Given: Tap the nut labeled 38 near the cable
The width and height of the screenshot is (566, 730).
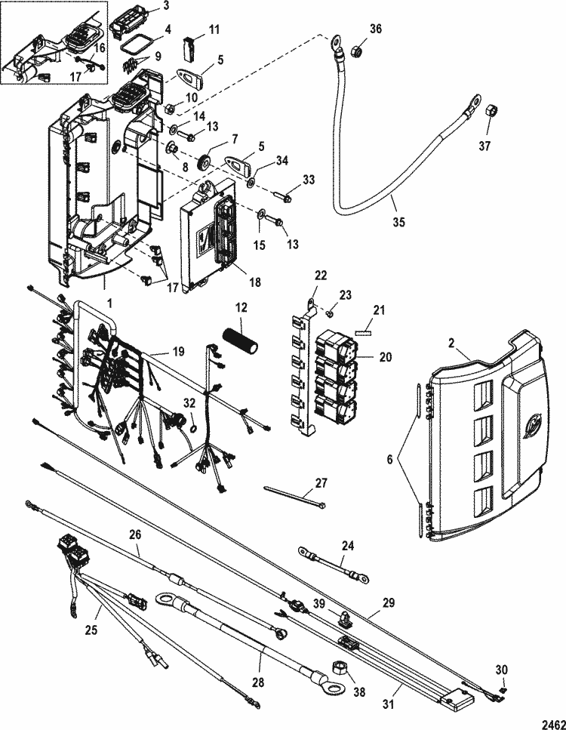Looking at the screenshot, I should [340, 667].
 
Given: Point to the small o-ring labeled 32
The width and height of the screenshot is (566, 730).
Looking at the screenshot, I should [193, 428].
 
